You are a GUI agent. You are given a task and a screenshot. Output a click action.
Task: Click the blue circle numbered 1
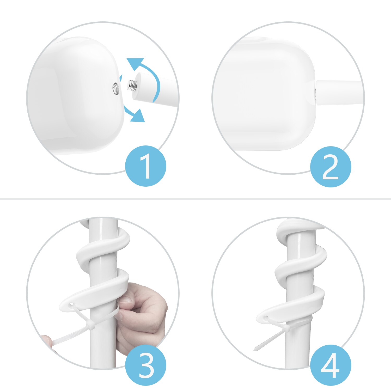click(145, 166)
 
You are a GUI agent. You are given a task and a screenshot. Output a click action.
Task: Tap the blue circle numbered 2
click(331, 167)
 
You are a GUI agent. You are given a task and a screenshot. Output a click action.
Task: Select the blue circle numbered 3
click(145, 365)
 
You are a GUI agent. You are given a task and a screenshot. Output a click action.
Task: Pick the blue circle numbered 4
click(331, 365)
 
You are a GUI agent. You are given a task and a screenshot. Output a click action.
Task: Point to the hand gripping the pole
click(143, 313)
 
